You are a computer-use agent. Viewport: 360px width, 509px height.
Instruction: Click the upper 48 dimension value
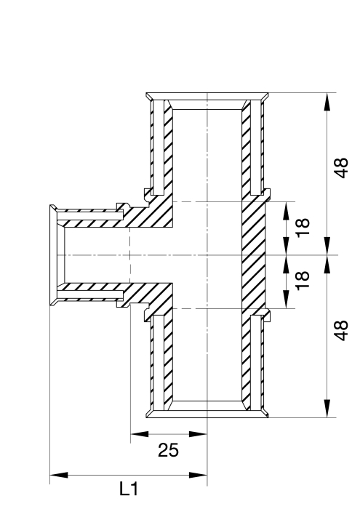(341, 168)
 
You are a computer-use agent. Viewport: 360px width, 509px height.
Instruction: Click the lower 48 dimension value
(341, 331)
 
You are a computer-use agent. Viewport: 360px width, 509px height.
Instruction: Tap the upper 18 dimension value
(303, 227)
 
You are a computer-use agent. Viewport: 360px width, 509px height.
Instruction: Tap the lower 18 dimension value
(303, 280)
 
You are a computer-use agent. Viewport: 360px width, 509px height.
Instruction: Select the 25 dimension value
(168, 450)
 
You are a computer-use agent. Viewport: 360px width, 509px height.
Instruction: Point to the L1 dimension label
(129, 489)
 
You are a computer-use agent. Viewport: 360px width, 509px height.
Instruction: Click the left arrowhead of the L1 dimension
(59, 476)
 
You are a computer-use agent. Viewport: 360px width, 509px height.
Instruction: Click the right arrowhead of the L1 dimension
(198, 476)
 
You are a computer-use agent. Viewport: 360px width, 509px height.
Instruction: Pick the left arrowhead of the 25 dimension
(139, 434)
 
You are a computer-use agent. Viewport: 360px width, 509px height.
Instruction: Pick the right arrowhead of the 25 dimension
(198, 434)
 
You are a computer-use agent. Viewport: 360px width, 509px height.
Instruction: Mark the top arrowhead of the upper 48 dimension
(327, 102)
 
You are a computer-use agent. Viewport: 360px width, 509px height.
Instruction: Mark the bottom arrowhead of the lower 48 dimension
(327, 409)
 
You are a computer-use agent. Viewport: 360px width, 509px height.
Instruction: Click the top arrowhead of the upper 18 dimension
(287, 211)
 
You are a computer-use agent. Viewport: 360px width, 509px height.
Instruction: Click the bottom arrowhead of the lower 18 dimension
(287, 300)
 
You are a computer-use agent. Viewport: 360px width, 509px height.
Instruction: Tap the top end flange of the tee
(207, 97)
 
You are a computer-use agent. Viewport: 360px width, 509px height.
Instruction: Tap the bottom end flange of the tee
(207, 414)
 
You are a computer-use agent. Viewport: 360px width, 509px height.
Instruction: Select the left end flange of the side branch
(53, 255)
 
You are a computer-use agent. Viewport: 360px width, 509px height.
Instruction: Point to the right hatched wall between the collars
(254, 255)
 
